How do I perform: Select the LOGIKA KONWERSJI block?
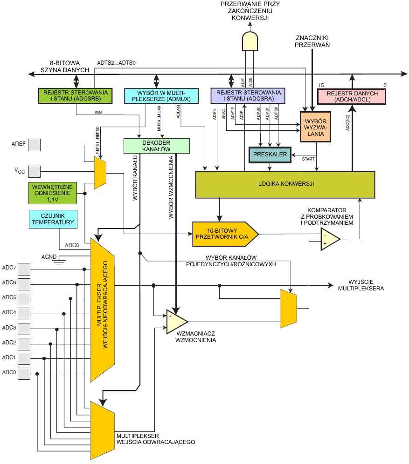(x=285, y=184)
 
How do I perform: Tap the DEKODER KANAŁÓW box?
(x=157, y=146)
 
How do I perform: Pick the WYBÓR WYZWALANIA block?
(x=316, y=127)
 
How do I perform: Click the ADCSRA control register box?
(x=248, y=95)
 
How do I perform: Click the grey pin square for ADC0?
(x=23, y=373)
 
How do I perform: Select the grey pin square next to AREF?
(x=34, y=145)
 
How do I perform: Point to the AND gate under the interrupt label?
(x=250, y=41)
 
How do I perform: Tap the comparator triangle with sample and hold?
(x=329, y=239)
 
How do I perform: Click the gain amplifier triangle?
(x=175, y=322)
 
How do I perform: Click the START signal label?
(x=308, y=159)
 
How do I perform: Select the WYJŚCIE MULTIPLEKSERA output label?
(x=366, y=285)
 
